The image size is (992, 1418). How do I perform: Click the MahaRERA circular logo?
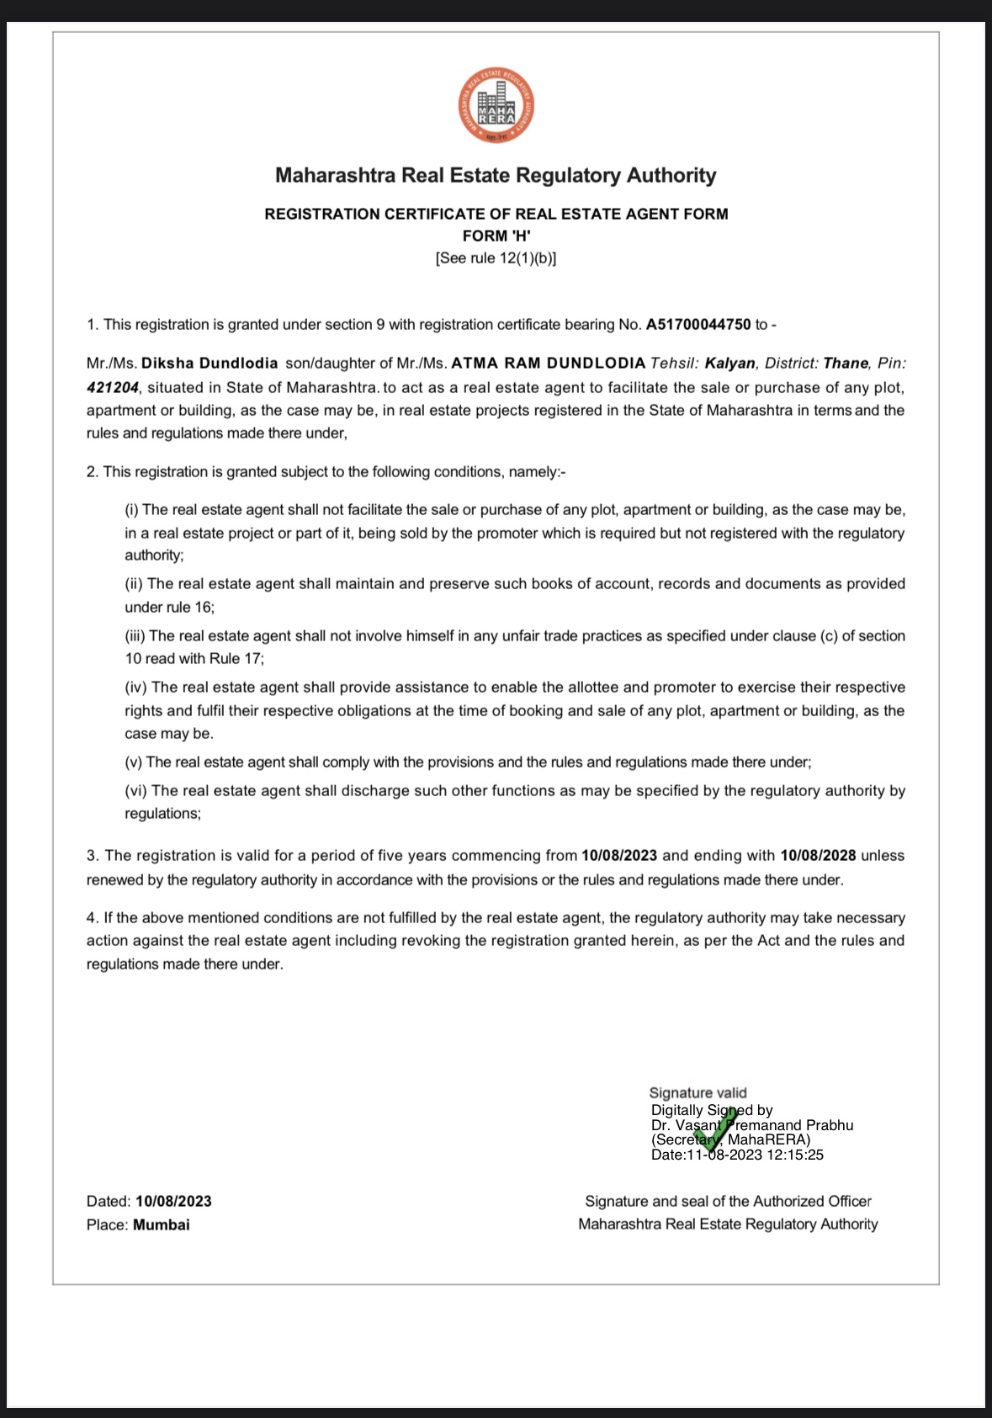tap(496, 105)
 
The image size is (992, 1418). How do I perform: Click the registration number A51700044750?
tap(698, 325)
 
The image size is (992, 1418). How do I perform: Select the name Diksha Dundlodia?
tap(210, 364)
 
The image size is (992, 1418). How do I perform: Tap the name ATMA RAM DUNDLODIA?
tap(549, 364)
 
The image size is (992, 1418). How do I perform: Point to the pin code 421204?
tap(112, 388)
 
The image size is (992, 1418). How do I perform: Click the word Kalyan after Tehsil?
tap(729, 364)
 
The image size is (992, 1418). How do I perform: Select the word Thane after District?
tap(846, 364)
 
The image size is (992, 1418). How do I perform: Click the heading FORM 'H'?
tap(496, 236)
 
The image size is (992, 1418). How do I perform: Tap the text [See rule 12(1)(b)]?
tap(496, 258)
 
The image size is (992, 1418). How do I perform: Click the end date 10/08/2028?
tap(818, 856)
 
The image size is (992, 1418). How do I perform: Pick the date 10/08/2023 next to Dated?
tap(173, 1202)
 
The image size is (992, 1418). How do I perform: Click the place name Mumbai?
tap(162, 1225)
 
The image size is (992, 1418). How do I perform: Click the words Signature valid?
tap(698, 1093)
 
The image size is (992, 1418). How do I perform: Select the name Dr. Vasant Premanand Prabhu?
tap(752, 1126)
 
